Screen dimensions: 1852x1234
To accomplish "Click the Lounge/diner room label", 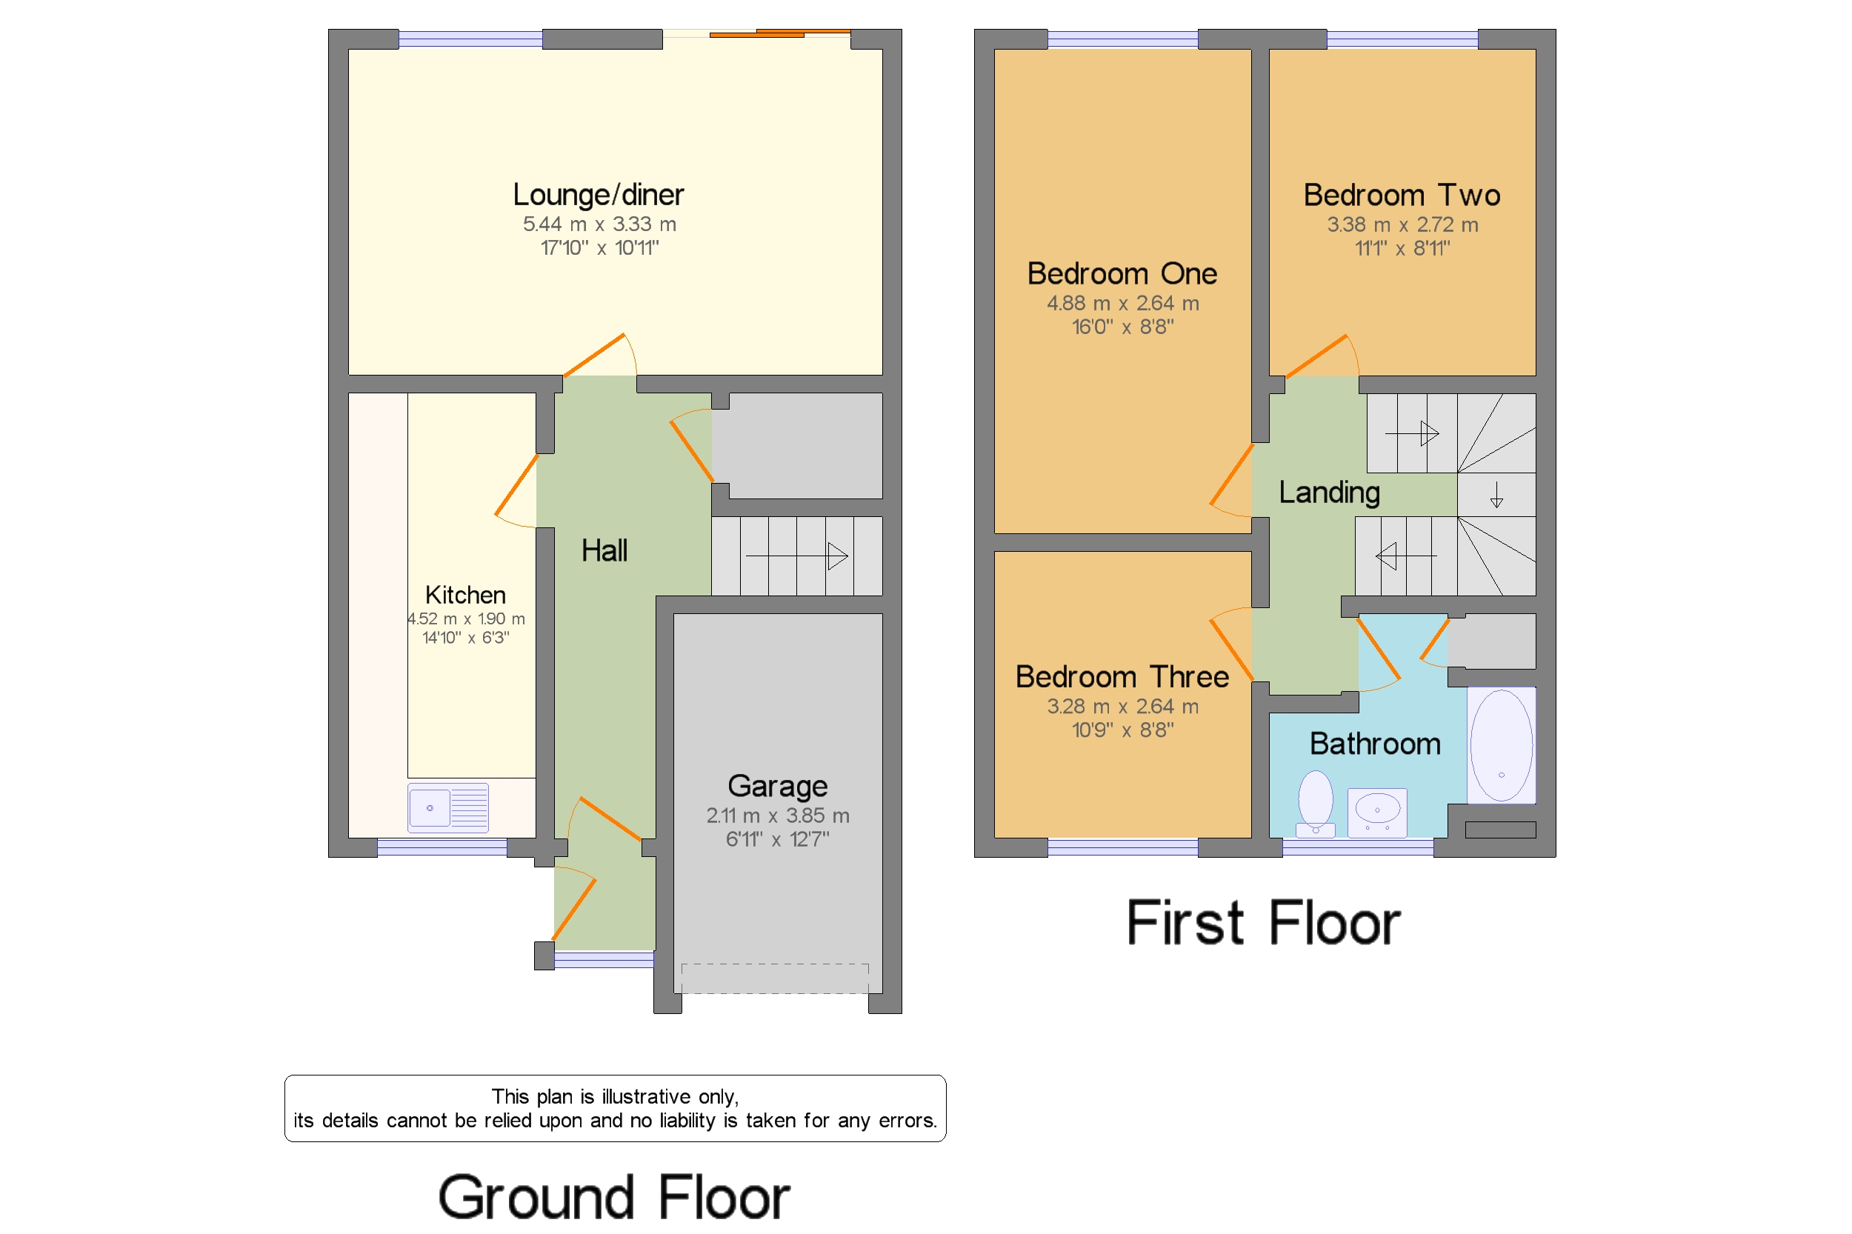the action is (x=598, y=194).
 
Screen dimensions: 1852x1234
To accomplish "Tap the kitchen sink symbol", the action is (x=448, y=807).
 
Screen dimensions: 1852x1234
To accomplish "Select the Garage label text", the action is (x=778, y=786).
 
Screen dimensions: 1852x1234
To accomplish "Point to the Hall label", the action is (x=604, y=550).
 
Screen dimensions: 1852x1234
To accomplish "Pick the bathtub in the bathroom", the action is (x=1501, y=745).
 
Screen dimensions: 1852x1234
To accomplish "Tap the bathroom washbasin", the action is (x=1376, y=812).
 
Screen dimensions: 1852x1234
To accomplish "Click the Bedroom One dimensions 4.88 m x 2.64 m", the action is (x=1122, y=303).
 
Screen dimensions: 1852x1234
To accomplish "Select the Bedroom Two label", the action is (x=1402, y=194).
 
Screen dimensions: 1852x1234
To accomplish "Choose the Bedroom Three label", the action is (x=1122, y=677).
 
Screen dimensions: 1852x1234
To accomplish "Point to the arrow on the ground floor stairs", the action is (x=796, y=556).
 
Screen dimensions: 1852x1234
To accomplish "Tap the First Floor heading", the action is (x=1263, y=922).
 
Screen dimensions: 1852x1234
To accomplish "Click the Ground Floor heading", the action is (x=614, y=1197).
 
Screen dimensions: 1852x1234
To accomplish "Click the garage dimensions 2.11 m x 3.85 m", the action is (x=778, y=816).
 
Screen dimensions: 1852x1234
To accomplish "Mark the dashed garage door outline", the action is (x=776, y=978).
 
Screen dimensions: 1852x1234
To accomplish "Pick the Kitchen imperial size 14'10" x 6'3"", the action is (x=466, y=638).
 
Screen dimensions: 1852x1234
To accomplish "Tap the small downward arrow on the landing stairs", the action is (x=1496, y=494).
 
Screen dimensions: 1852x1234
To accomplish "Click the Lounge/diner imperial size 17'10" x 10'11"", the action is (x=600, y=248).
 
